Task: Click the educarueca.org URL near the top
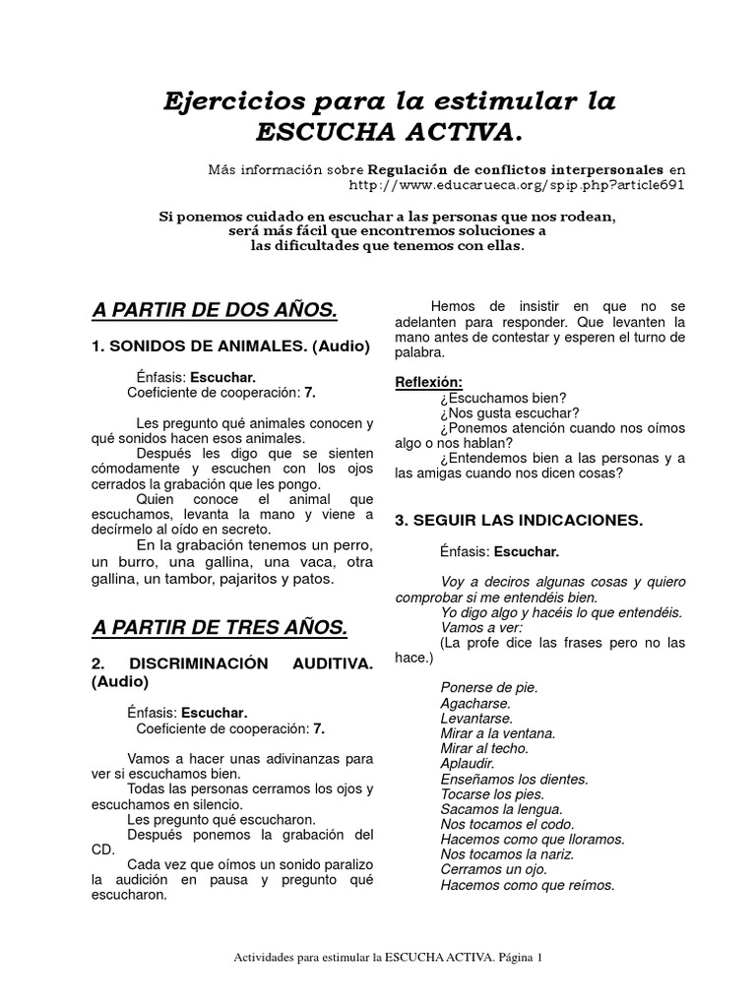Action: click(517, 184)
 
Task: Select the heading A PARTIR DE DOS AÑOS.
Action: click(215, 311)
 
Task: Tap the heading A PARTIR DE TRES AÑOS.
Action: click(219, 627)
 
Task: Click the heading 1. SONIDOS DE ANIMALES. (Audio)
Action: click(230, 346)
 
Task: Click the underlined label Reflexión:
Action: click(428, 382)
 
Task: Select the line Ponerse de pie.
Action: click(489, 687)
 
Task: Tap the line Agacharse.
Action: click(475, 704)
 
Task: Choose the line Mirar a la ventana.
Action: click(498, 733)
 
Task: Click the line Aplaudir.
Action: click(468, 764)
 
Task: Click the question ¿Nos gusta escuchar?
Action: click(510, 412)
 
